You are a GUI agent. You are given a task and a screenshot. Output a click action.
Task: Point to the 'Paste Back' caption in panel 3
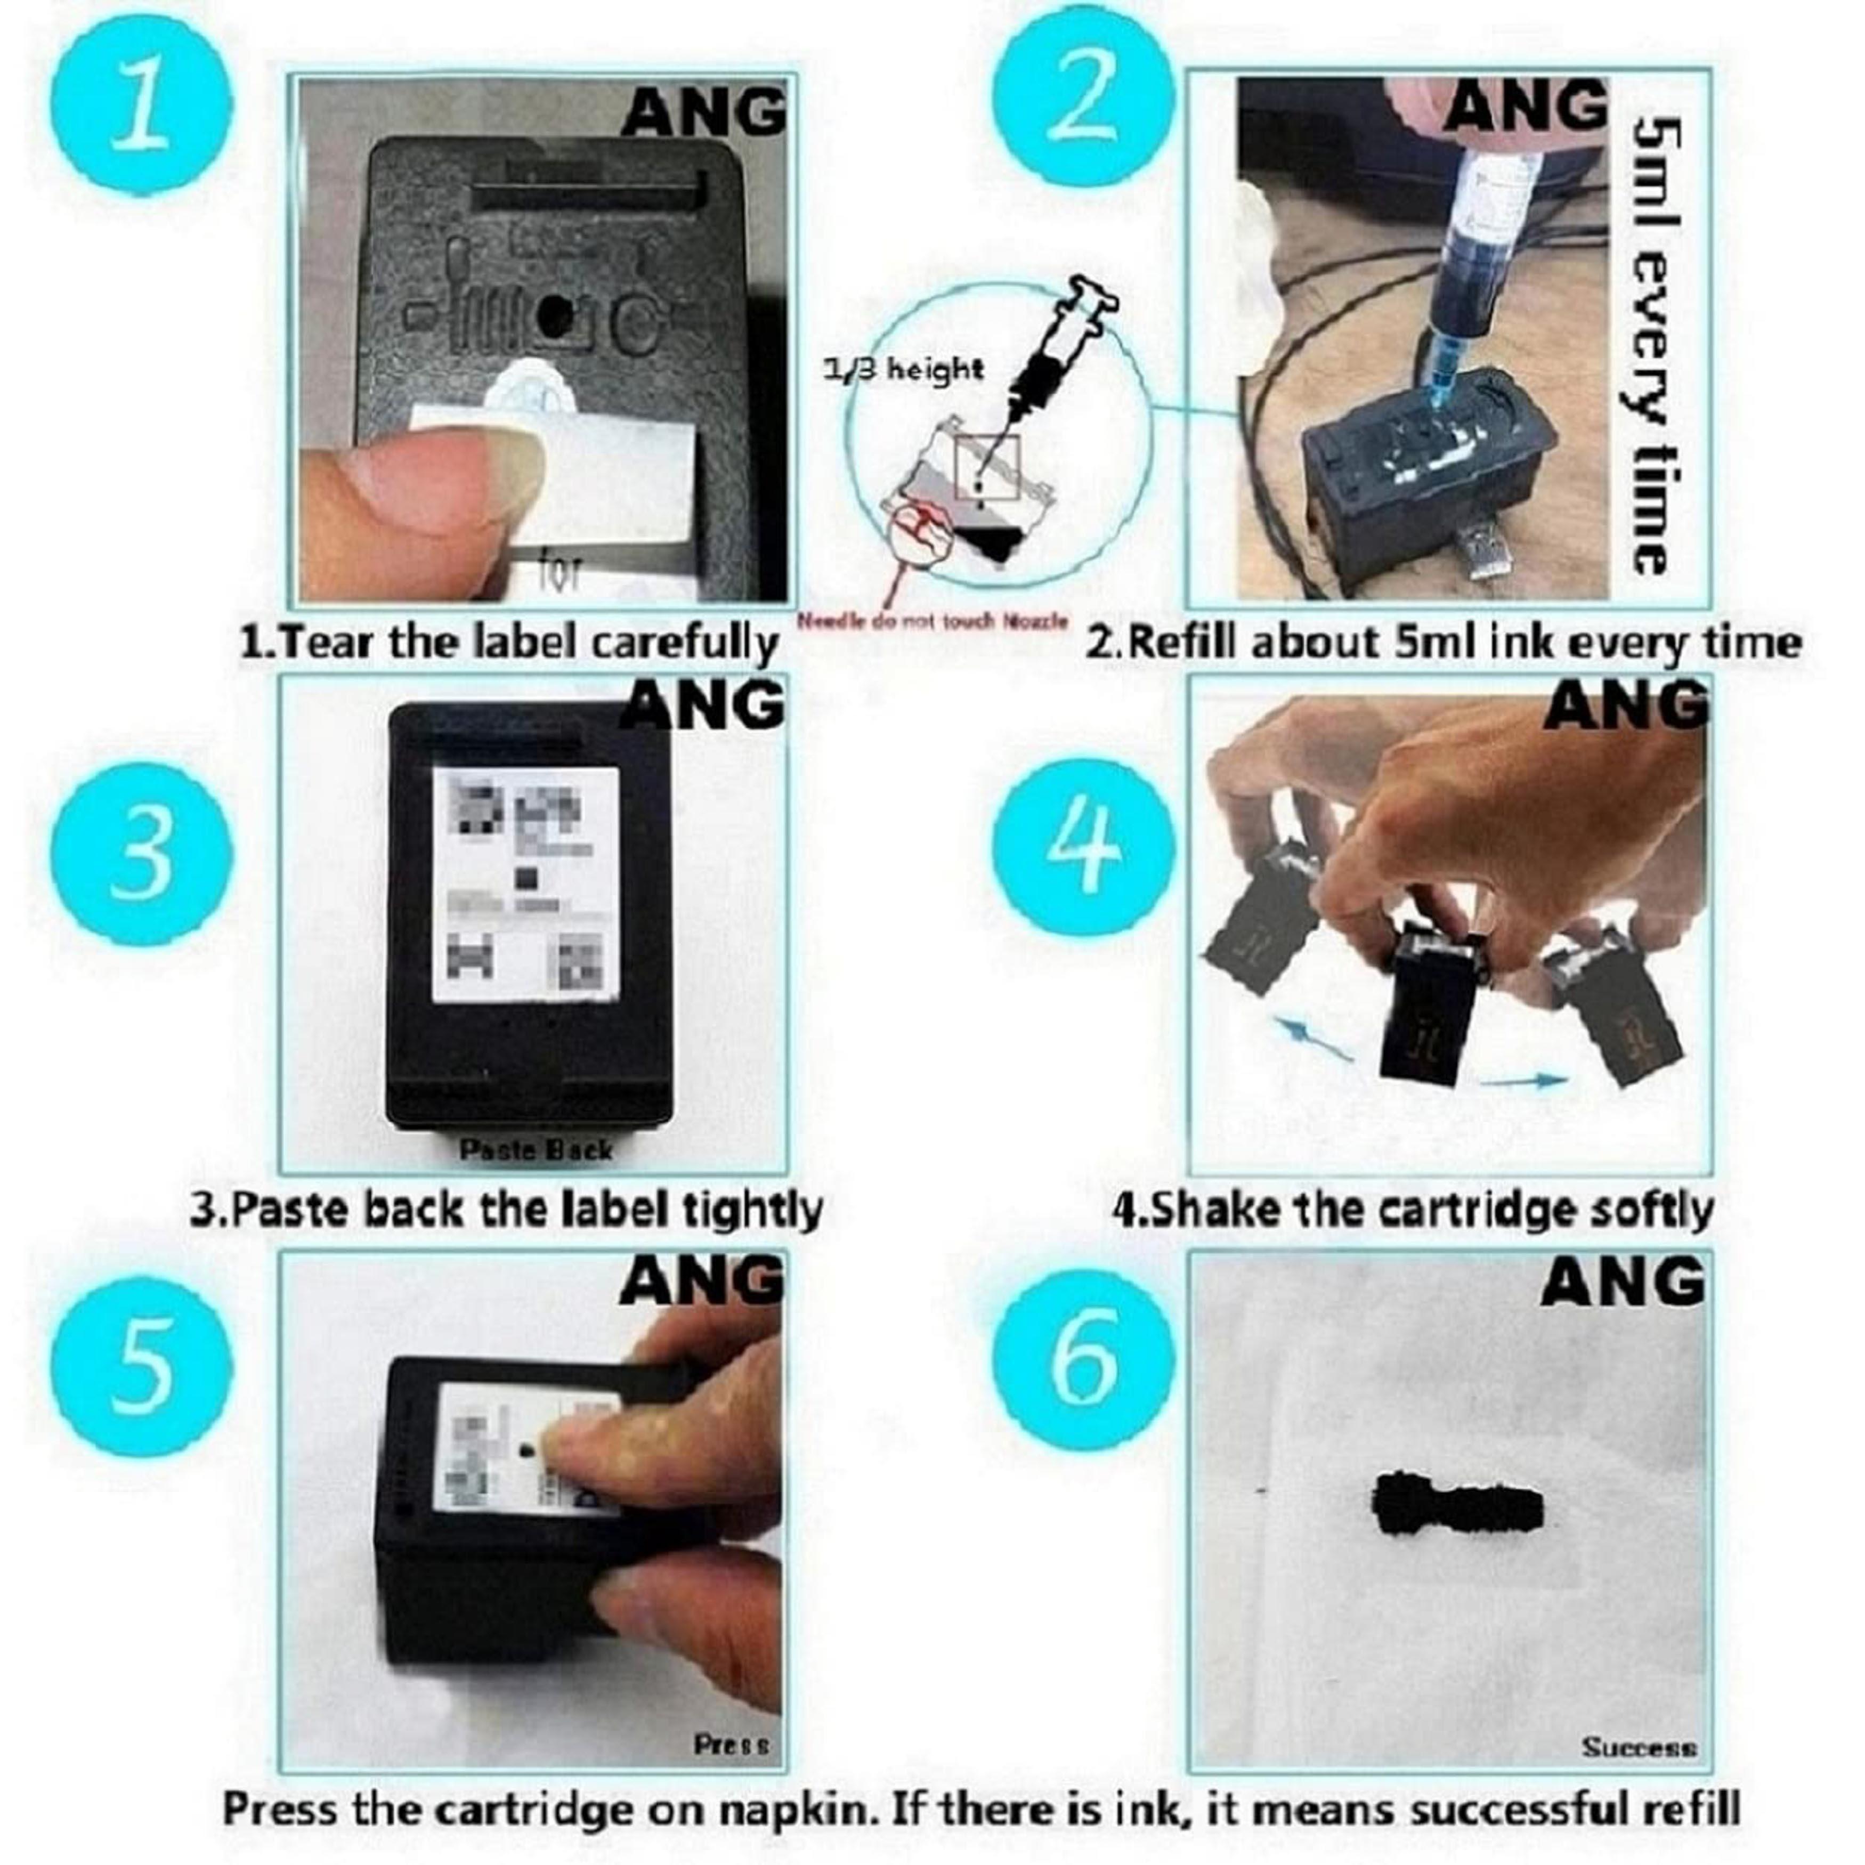535,1150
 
